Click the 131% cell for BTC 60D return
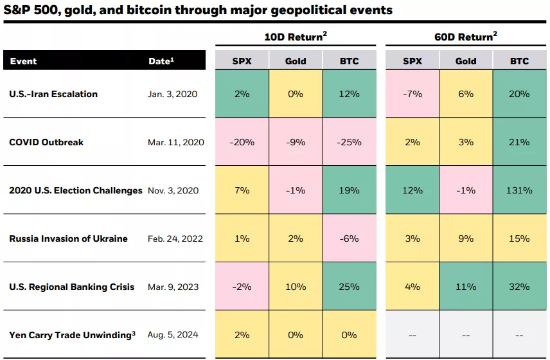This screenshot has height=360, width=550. point(519,190)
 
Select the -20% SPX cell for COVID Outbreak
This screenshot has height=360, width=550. point(242,142)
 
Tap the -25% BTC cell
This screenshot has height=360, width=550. point(349,142)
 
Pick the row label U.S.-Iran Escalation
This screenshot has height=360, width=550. point(53,94)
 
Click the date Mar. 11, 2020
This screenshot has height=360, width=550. point(175,142)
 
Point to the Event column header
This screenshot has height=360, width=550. point(23,61)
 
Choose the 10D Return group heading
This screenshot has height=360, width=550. point(295,37)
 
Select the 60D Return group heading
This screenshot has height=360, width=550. point(466,37)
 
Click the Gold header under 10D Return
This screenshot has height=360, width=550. point(296,61)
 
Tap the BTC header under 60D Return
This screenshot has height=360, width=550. point(519,61)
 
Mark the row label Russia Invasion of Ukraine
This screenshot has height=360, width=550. point(68,239)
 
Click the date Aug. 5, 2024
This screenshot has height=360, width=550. point(173,335)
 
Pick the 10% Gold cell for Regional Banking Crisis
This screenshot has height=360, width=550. point(296,287)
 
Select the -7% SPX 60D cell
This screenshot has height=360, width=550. point(412,94)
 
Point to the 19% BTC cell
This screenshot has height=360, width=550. point(349,190)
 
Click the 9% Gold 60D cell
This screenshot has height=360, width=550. point(466,239)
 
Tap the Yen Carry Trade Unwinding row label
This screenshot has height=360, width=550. point(72,335)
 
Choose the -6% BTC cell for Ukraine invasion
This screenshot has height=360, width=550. point(349,239)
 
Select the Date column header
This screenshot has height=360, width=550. point(161,61)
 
